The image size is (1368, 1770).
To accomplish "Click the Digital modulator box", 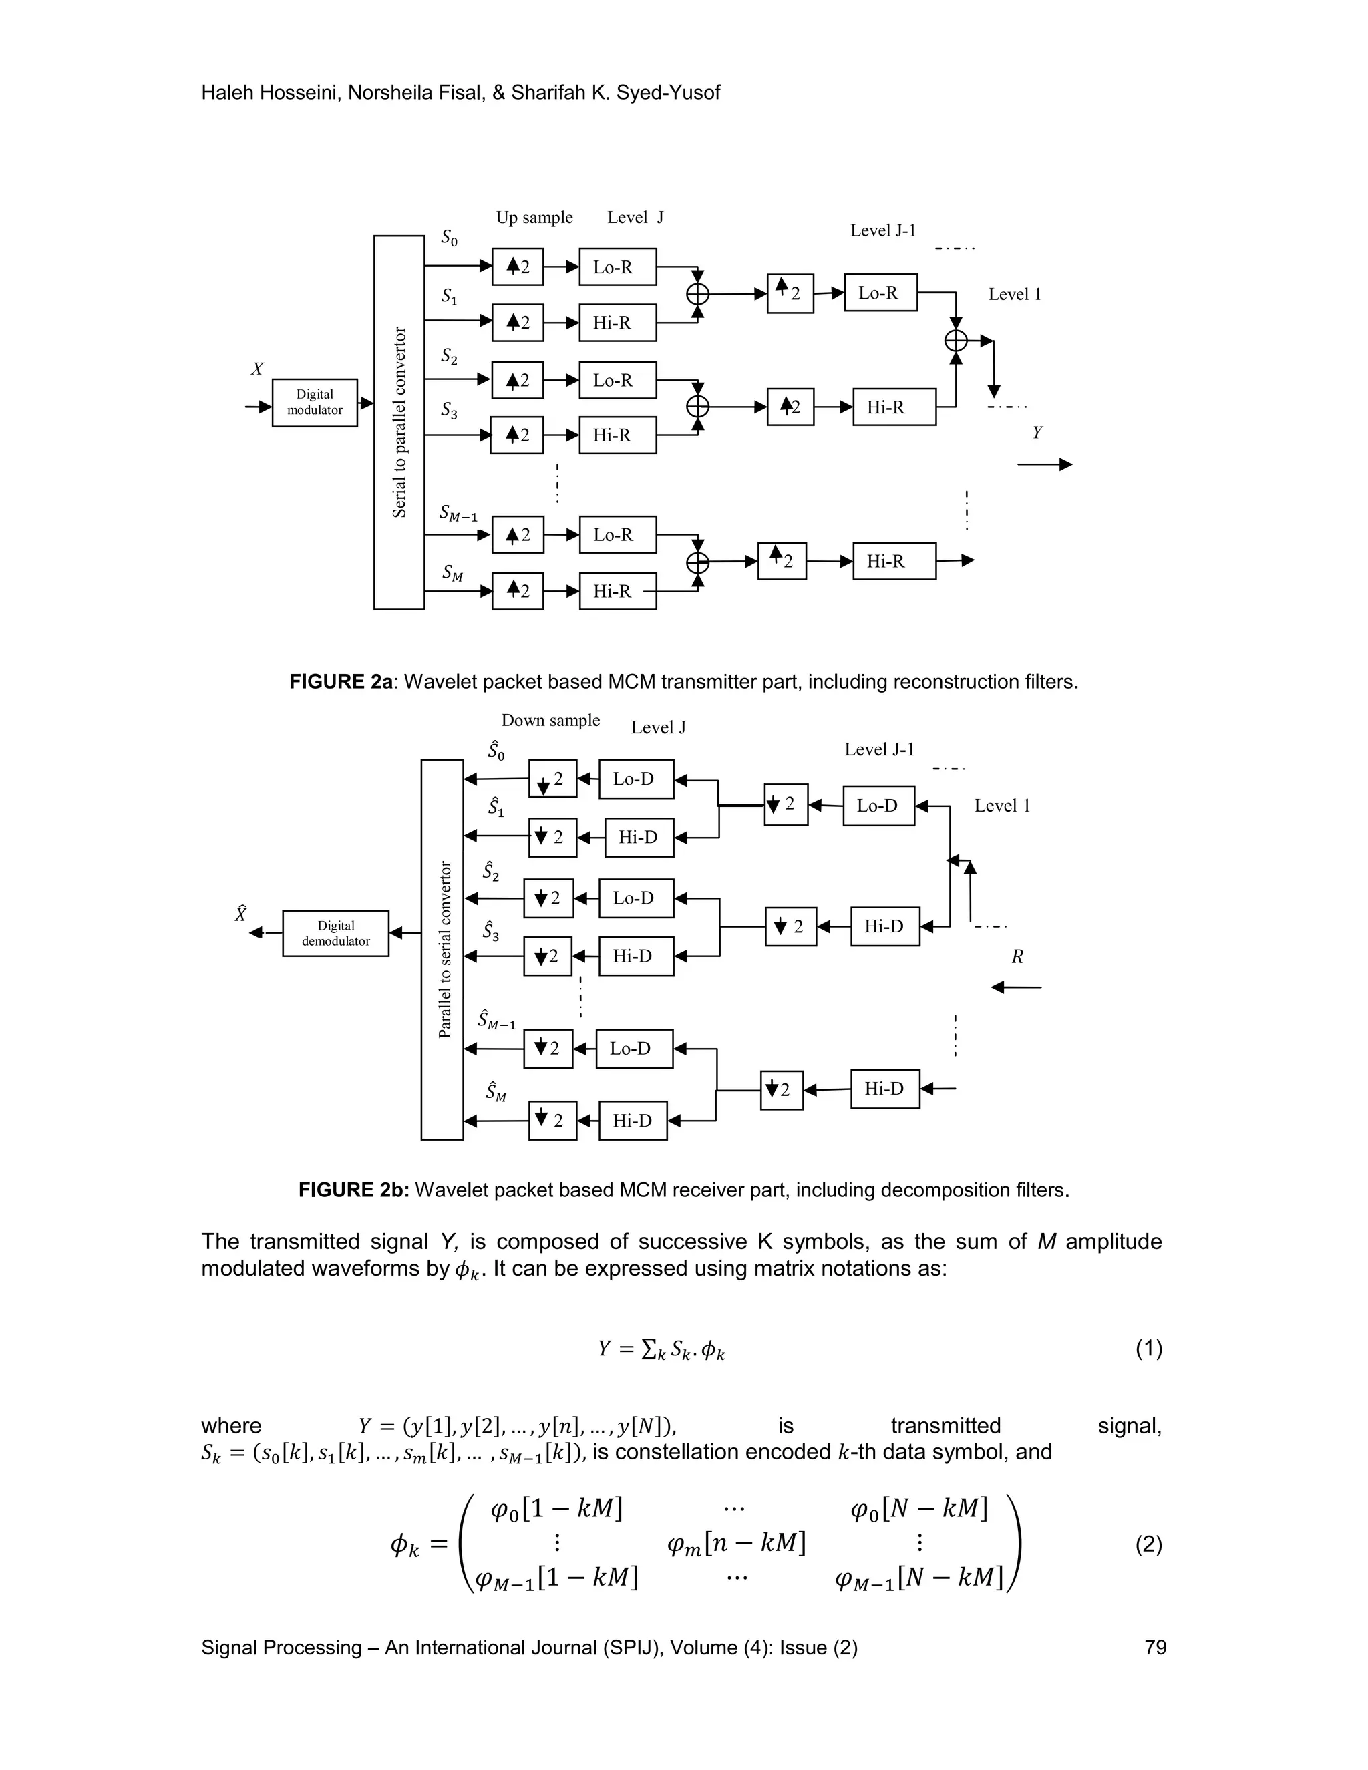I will [315, 403].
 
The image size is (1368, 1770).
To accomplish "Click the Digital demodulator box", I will [335, 933].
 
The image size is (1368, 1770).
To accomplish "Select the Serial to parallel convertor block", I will [399, 422].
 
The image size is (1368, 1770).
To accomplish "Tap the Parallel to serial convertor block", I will [442, 949].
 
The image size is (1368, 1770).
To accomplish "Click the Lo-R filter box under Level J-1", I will [880, 293].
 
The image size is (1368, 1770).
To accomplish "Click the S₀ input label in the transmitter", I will [449, 238].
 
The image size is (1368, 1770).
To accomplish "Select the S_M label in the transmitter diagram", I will [452, 573].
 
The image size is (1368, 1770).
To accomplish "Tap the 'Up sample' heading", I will [534, 217].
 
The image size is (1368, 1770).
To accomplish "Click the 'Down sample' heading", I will [550, 721].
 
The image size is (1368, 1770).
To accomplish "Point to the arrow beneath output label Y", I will [1045, 464].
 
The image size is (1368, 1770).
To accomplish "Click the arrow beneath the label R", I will [1016, 987].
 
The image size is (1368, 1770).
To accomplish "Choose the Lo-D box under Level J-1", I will [878, 806].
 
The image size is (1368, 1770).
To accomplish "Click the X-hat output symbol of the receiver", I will [240, 914].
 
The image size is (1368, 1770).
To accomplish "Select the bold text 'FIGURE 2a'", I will [341, 681].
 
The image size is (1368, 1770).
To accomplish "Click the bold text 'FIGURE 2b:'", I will [354, 1190].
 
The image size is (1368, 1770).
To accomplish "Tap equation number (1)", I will [1148, 1348].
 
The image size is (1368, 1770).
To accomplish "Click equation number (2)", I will [1148, 1544].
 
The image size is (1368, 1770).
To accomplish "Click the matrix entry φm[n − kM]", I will [736, 1544].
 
